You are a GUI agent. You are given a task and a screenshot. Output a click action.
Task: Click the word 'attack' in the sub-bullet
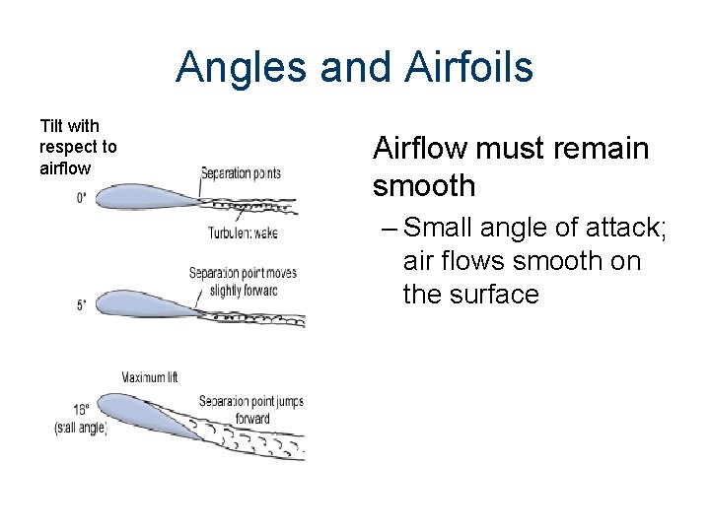click(x=629, y=229)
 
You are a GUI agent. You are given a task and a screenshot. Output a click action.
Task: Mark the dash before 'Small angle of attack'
click(x=388, y=229)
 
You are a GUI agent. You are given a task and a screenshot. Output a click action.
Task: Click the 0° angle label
click(x=81, y=198)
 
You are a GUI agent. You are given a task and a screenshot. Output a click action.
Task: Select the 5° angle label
click(x=81, y=305)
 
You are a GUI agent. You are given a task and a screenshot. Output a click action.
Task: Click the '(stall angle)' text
click(x=80, y=428)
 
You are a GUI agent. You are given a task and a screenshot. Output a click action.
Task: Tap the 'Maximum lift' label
click(x=149, y=377)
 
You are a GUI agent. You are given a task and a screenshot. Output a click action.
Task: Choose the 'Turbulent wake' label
click(x=242, y=233)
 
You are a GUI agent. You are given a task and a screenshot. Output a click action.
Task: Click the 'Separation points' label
click(x=241, y=173)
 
